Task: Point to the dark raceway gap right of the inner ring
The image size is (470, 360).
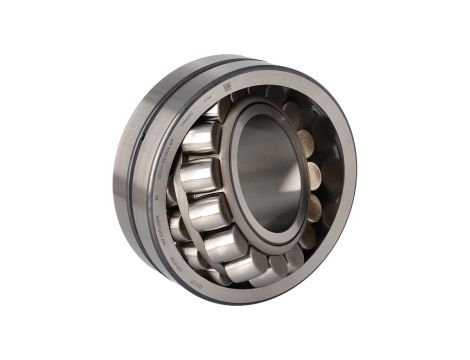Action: (x=318, y=175)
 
